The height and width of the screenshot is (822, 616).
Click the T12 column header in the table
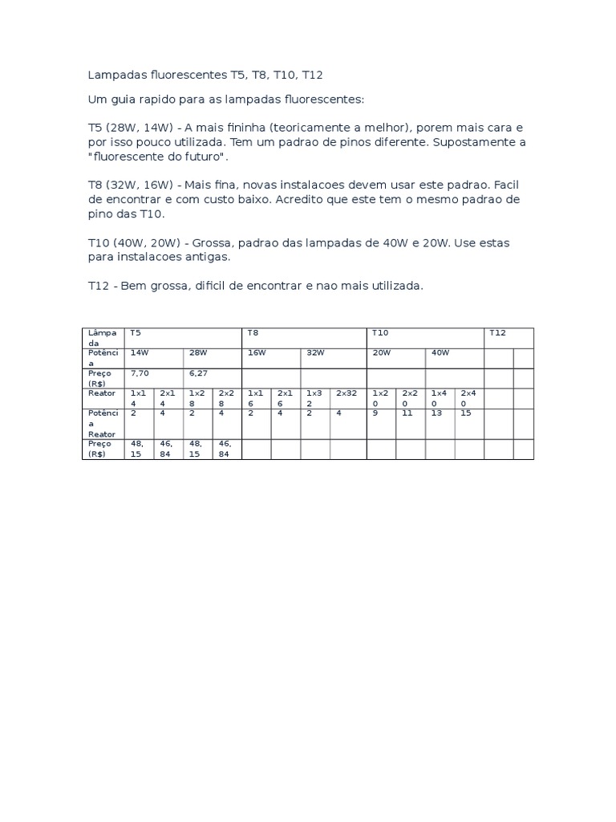click(497, 332)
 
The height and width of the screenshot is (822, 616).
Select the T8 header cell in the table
click(253, 332)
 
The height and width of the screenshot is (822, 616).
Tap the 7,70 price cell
click(140, 373)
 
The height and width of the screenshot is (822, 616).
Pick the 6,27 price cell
click(198, 373)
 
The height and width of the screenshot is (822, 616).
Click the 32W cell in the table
click(314, 352)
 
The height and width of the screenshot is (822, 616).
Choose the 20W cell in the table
click(381, 352)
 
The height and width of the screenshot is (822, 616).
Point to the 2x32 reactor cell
click(346, 393)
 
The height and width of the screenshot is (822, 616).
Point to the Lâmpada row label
click(102, 337)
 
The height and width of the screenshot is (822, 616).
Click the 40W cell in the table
click(440, 352)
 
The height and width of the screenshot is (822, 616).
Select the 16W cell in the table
click(257, 352)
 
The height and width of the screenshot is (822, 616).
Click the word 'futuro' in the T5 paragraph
click(205, 157)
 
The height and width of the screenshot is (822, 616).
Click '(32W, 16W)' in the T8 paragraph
click(140, 185)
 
